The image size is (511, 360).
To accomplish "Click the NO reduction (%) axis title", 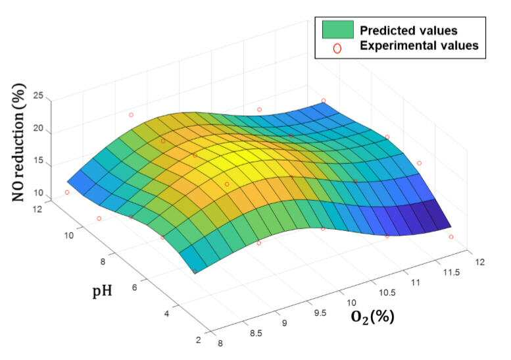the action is click(x=19, y=143).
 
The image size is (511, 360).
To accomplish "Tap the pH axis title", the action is click(x=103, y=291).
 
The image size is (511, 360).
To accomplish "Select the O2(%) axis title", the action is click(x=373, y=317).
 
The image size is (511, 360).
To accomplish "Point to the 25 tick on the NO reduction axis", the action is click(x=37, y=96).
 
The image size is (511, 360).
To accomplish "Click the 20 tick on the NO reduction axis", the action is click(x=37, y=128).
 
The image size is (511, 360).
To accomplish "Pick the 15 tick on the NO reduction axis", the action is click(x=37, y=161).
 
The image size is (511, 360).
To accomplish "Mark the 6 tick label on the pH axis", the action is click(x=134, y=288).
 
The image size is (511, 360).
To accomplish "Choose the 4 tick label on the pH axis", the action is click(x=166, y=314).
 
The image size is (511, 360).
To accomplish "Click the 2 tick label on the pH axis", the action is click(x=199, y=340).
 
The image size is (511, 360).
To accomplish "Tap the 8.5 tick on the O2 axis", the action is click(x=255, y=333).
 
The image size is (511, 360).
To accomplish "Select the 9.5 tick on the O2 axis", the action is click(x=320, y=313).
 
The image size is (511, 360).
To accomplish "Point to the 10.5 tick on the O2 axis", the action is click(x=387, y=293).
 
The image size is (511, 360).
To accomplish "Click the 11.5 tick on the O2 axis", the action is click(x=451, y=272).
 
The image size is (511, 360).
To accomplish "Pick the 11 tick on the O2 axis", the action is click(x=415, y=282).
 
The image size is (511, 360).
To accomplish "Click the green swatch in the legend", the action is click(x=338, y=30).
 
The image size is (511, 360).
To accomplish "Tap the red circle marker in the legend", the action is click(x=337, y=49).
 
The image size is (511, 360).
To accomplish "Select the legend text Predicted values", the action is click(x=408, y=31).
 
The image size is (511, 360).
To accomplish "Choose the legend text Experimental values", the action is click(x=419, y=45).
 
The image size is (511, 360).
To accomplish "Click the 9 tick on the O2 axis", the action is click(x=285, y=323).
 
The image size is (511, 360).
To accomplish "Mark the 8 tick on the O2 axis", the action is click(x=220, y=344).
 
